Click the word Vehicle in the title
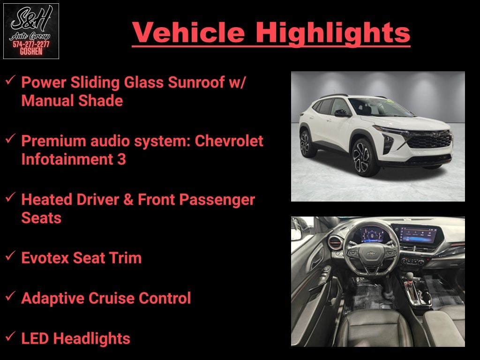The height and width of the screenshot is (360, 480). (x=188, y=32)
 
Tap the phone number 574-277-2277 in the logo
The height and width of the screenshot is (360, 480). (x=31, y=45)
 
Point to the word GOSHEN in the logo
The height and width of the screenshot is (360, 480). (x=31, y=52)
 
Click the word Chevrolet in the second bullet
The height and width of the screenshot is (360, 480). (x=229, y=141)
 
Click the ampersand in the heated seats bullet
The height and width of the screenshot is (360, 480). (x=128, y=200)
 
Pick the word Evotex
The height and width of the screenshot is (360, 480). (x=45, y=258)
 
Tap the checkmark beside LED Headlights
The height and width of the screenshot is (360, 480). (x=10, y=336)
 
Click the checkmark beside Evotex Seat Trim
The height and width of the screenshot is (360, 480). (x=10, y=255)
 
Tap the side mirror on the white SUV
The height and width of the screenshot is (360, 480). (x=342, y=113)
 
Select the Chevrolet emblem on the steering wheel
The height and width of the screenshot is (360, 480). (x=372, y=253)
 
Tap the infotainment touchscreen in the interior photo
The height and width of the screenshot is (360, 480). (x=417, y=234)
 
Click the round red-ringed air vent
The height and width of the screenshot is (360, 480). (x=335, y=243)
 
